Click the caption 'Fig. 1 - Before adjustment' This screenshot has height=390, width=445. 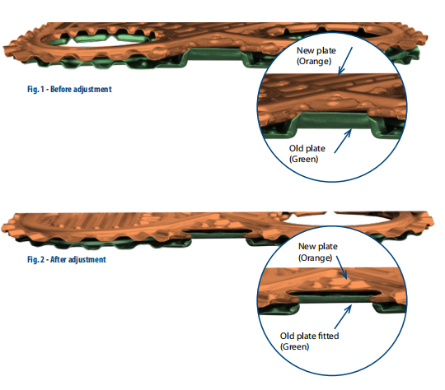[69, 90]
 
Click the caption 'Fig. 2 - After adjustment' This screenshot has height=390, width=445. [67, 260]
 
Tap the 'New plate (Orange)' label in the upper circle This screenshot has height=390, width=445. [316, 56]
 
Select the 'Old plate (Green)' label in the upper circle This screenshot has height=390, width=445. [307, 154]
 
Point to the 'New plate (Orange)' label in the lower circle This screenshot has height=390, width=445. [317, 252]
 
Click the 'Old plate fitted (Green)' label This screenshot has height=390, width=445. [309, 341]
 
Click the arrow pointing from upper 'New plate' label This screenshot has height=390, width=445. [345, 61]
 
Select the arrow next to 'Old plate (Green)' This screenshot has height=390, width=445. [343, 141]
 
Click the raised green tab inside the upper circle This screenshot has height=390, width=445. [334, 122]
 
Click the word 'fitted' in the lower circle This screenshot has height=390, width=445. [328, 336]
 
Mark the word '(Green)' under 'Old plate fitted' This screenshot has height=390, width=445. [294, 346]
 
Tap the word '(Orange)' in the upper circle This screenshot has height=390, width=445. [314, 61]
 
